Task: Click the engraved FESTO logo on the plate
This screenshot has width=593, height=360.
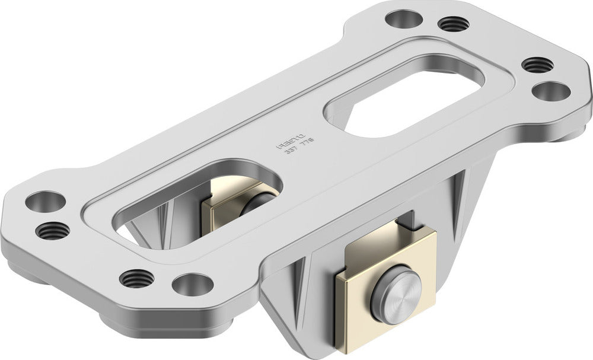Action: click(x=289, y=142)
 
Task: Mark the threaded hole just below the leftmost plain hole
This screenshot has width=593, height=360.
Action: click(x=52, y=230)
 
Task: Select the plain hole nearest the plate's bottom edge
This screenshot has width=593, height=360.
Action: click(x=193, y=284)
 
